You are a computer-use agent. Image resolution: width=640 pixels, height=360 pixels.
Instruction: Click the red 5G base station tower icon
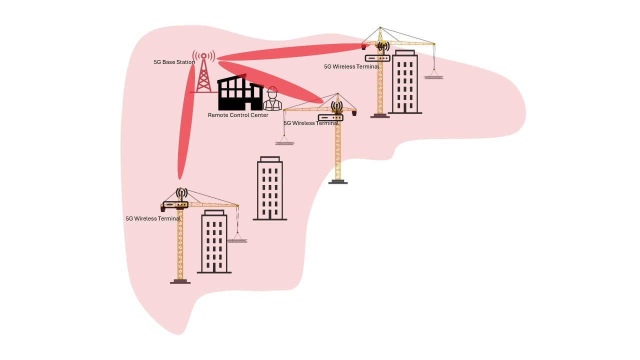[203, 75]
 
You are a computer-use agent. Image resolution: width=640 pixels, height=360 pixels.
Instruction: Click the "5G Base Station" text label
[174, 62]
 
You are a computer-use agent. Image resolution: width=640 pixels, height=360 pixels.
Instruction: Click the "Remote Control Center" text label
[238, 115]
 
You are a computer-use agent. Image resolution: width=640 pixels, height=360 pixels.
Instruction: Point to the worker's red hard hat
[272, 90]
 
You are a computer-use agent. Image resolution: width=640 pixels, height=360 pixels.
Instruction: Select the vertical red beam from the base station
[186, 125]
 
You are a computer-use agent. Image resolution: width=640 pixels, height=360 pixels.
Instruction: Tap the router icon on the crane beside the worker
[330, 118]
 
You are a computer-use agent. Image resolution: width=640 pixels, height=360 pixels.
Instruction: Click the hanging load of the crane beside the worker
[284, 142]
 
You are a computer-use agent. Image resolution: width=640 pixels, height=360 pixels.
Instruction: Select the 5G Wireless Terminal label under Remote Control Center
[311, 123]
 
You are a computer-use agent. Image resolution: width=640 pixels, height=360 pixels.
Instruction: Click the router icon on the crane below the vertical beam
[175, 204]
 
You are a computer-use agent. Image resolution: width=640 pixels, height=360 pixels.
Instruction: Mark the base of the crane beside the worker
[338, 182]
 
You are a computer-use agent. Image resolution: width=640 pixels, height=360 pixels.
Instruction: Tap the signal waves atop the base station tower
[204, 55]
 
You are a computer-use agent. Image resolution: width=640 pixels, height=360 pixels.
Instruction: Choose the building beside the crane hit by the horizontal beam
[404, 82]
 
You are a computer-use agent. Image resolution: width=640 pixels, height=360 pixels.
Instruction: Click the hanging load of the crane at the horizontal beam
[433, 77]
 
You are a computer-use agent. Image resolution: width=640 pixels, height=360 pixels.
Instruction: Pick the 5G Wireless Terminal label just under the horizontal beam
[351, 66]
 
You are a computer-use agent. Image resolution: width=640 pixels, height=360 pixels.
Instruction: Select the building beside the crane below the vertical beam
[214, 242]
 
